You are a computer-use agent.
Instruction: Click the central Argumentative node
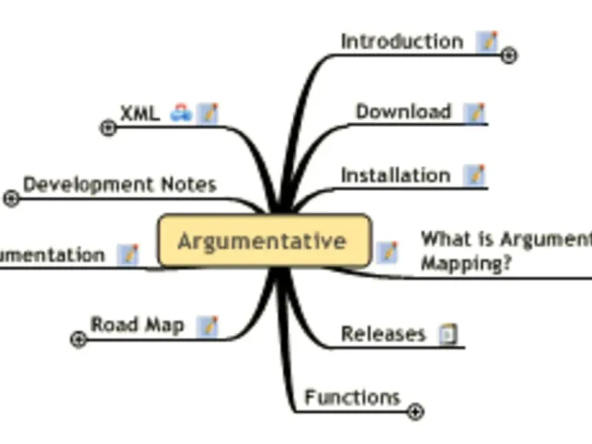(x=263, y=241)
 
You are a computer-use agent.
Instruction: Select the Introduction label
(x=402, y=41)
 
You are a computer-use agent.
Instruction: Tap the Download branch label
(x=403, y=112)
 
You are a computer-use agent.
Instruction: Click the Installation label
(x=395, y=175)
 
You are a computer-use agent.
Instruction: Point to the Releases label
(x=383, y=334)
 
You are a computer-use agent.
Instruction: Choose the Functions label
(x=352, y=397)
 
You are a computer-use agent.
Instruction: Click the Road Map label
(x=137, y=324)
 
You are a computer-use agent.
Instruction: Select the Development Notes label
(x=120, y=184)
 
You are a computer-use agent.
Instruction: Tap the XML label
(x=140, y=112)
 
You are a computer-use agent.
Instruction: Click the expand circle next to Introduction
(x=509, y=55)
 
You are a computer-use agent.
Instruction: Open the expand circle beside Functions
(x=416, y=411)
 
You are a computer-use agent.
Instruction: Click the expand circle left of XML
(x=108, y=128)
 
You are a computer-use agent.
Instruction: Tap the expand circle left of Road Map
(x=78, y=340)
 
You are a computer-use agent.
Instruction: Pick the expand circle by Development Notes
(x=11, y=198)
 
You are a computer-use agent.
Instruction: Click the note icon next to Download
(x=474, y=112)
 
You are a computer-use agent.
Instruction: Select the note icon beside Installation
(x=474, y=175)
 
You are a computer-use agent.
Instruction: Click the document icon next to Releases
(x=448, y=334)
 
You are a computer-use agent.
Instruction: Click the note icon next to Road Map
(x=209, y=326)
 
